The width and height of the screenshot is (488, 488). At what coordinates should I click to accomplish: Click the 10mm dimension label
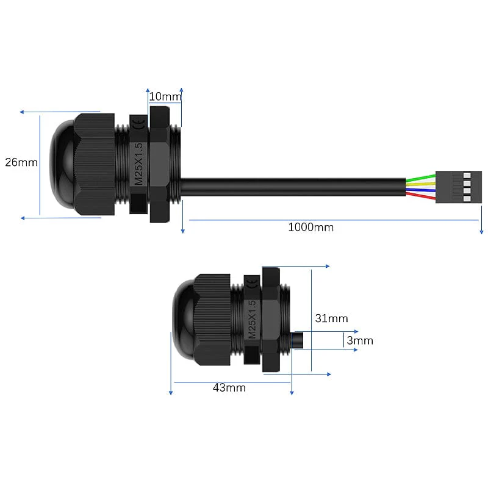coord(165,96)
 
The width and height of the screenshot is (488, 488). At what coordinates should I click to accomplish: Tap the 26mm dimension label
coord(21,162)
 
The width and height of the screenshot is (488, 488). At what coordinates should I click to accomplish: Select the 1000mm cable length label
coord(310,228)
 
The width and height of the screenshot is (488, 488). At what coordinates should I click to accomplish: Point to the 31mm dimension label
coord(331,318)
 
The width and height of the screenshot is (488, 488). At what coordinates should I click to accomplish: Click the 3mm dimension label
coord(359,341)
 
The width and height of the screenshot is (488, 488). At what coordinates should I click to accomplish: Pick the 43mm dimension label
coord(229,387)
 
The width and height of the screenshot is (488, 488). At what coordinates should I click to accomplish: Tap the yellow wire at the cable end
coord(421,184)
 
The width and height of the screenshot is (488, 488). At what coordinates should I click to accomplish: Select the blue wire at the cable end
coord(421,190)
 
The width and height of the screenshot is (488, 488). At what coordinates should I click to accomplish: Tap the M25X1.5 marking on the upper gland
coord(138,163)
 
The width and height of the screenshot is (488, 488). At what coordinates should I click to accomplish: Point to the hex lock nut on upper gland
coord(159,165)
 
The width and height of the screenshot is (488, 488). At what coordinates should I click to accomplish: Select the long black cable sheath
coord(293,187)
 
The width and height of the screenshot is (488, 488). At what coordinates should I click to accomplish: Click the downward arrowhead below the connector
coord(481,230)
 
